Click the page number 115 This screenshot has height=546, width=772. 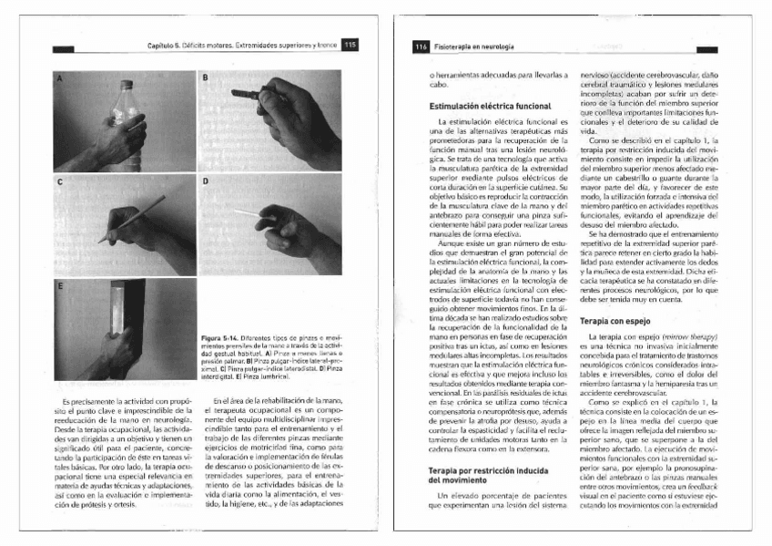point(350,45)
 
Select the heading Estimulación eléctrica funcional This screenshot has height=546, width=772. point(490,107)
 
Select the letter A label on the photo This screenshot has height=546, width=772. point(59,79)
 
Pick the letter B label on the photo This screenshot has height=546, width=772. point(205,79)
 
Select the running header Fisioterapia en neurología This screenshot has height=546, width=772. point(473,46)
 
